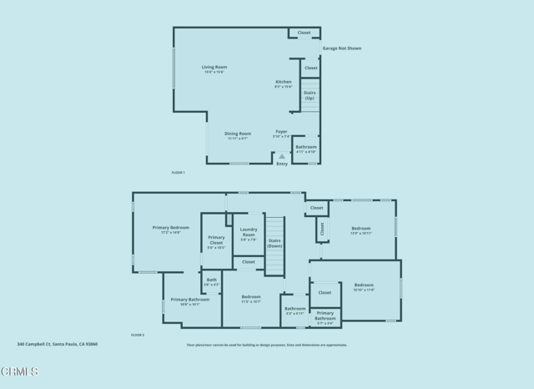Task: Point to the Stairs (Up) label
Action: point(310,95)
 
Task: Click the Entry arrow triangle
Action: point(282,156)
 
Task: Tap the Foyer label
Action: point(282,133)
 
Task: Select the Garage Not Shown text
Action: point(342,48)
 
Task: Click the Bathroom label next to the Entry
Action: point(306,149)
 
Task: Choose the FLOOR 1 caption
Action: point(178,172)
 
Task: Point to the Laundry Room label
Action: point(249,232)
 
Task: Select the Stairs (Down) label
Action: point(275,243)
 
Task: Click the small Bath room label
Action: point(211,282)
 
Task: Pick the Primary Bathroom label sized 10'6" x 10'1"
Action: point(184,301)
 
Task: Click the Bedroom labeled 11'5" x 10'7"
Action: point(251,298)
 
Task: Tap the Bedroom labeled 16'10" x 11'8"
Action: point(364,286)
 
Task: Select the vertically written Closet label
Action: point(322,228)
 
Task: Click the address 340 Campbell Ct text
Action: point(58,343)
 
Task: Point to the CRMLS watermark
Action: point(20,371)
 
